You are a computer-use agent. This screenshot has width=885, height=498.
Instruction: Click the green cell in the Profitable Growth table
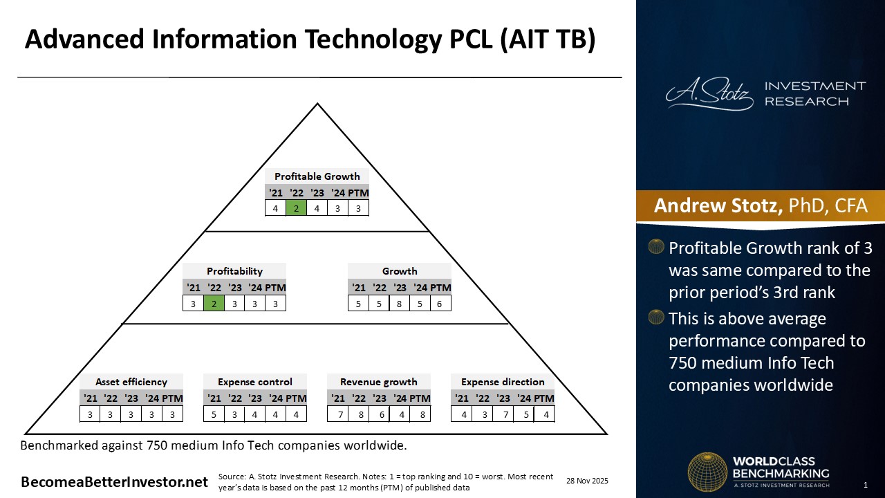pyautogui.click(x=296, y=207)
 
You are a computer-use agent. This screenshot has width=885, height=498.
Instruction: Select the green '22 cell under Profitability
pyautogui.click(x=214, y=303)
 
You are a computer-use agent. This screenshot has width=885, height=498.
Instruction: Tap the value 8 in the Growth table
pyautogui.click(x=400, y=303)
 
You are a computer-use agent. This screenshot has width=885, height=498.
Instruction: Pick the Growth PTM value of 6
pyautogui.click(x=440, y=303)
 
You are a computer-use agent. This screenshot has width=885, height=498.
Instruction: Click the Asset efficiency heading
pyautogui.click(x=131, y=382)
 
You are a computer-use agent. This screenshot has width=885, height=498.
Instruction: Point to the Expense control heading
pyautogui.click(x=255, y=382)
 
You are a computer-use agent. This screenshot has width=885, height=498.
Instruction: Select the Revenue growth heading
pyautogui.click(x=379, y=382)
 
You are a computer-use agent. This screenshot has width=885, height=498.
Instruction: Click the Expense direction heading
pyautogui.click(x=503, y=382)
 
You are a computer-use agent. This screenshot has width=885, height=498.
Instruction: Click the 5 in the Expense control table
pyautogui.click(x=214, y=414)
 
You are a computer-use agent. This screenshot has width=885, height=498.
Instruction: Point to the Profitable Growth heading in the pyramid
pyautogui.click(x=317, y=176)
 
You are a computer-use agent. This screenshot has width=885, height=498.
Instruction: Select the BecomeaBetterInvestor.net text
pyautogui.click(x=114, y=482)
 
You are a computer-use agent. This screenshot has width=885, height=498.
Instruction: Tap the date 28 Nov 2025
pyautogui.click(x=587, y=481)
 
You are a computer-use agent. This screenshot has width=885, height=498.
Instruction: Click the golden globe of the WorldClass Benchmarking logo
pyautogui.click(x=706, y=472)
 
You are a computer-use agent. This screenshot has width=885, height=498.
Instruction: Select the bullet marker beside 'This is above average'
pyautogui.click(x=656, y=317)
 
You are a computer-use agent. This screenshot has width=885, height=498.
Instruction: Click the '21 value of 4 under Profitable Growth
pyautogui.click(x=276, y=207)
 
